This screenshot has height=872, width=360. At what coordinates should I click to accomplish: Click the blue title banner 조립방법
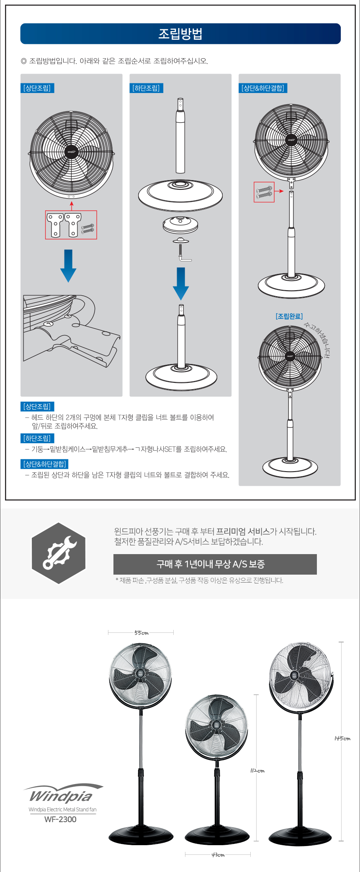(180, 34)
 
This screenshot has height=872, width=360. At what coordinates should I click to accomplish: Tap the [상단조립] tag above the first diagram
(37, 88)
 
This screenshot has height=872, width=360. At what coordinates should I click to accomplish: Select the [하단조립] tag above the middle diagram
(146, 88)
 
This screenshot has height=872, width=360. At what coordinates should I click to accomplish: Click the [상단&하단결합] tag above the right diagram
(263, 88)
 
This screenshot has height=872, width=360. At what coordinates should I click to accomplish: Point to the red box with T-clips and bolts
(71, 225)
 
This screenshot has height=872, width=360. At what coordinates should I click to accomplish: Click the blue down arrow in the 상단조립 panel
(68, 266)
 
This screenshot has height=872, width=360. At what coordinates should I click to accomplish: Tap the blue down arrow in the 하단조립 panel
(181, 284)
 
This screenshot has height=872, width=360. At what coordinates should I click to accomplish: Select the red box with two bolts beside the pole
(264, 192)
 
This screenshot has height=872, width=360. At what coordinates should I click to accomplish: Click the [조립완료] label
(289, 316)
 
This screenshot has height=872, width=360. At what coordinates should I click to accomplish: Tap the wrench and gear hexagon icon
(59, 553)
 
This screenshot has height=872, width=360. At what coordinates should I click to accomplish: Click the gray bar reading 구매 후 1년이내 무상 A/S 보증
(215, 564)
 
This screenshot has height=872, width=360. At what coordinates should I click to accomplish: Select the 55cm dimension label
(141, 633)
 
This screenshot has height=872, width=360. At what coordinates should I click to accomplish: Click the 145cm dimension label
(342, 738)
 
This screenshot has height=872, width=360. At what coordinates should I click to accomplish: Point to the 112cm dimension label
(257, 771)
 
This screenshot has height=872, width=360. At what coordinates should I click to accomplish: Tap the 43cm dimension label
(218, 855)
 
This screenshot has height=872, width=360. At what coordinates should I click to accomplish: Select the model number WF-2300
(60, 820)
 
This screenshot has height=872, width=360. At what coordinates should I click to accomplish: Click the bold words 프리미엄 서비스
(243, 531)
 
